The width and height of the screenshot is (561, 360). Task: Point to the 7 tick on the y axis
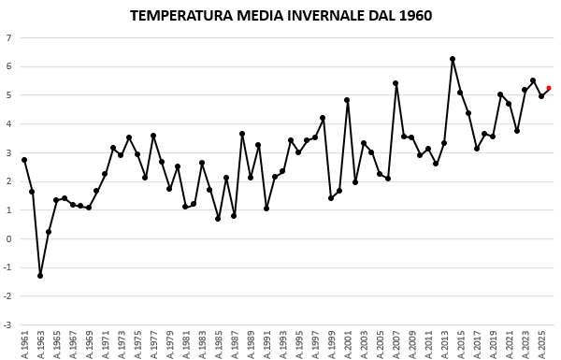click(8, 38)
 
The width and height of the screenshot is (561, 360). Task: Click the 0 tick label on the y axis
click(8, 239)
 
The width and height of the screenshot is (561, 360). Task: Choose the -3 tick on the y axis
click(7, 325)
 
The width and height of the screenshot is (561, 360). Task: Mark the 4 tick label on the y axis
click(8, 124)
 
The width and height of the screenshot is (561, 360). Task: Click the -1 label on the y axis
click(7, 268)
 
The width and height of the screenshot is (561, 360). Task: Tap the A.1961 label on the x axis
click(24, 343)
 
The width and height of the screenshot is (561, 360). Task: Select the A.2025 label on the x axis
click(541, 343)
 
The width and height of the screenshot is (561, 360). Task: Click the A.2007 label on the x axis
click(396, 343)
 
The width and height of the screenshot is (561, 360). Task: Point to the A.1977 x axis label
click(153, 343)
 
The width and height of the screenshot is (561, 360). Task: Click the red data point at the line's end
click(549, 88)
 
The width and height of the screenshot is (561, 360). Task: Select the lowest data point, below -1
click(40, 276)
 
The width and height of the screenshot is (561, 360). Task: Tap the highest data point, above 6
click(453, 59)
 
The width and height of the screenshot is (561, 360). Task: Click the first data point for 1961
click(24, 160)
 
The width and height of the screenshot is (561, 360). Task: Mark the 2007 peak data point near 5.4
click(396, 83)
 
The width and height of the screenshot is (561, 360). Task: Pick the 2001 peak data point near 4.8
click(347, 100)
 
